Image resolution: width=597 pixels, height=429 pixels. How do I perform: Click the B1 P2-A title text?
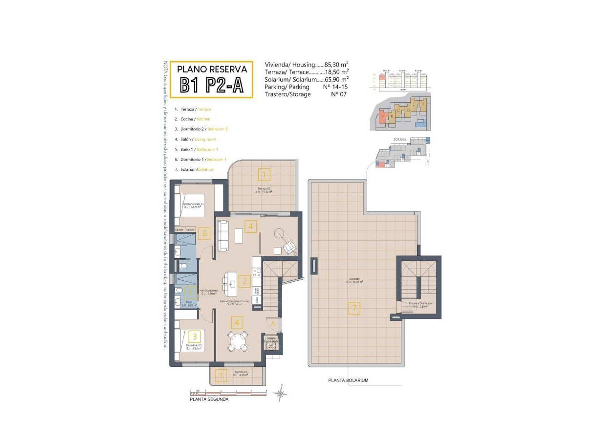coord(212,85)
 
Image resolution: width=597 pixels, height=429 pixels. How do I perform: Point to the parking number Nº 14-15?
coord(336,87)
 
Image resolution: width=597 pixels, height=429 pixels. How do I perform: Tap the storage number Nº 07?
coord(339,94)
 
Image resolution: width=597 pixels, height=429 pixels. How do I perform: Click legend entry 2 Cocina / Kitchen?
coord(193,119)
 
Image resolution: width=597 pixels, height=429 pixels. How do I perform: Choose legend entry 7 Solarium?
coord(195,169)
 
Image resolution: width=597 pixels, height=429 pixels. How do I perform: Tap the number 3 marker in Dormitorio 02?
coord(195,336)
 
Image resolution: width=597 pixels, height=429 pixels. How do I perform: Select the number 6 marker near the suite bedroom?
coord(205,233)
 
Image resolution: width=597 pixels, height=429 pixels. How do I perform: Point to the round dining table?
coord(238,341)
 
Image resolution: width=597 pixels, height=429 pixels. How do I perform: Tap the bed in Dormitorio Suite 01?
coord(189,205)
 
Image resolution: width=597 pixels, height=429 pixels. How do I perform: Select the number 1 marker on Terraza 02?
coord(264,175)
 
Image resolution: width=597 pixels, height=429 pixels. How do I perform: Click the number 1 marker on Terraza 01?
coord(221,376)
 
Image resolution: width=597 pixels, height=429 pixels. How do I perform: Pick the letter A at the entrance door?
coord(273,323)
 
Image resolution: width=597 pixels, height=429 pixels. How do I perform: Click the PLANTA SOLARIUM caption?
coord(348,380)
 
